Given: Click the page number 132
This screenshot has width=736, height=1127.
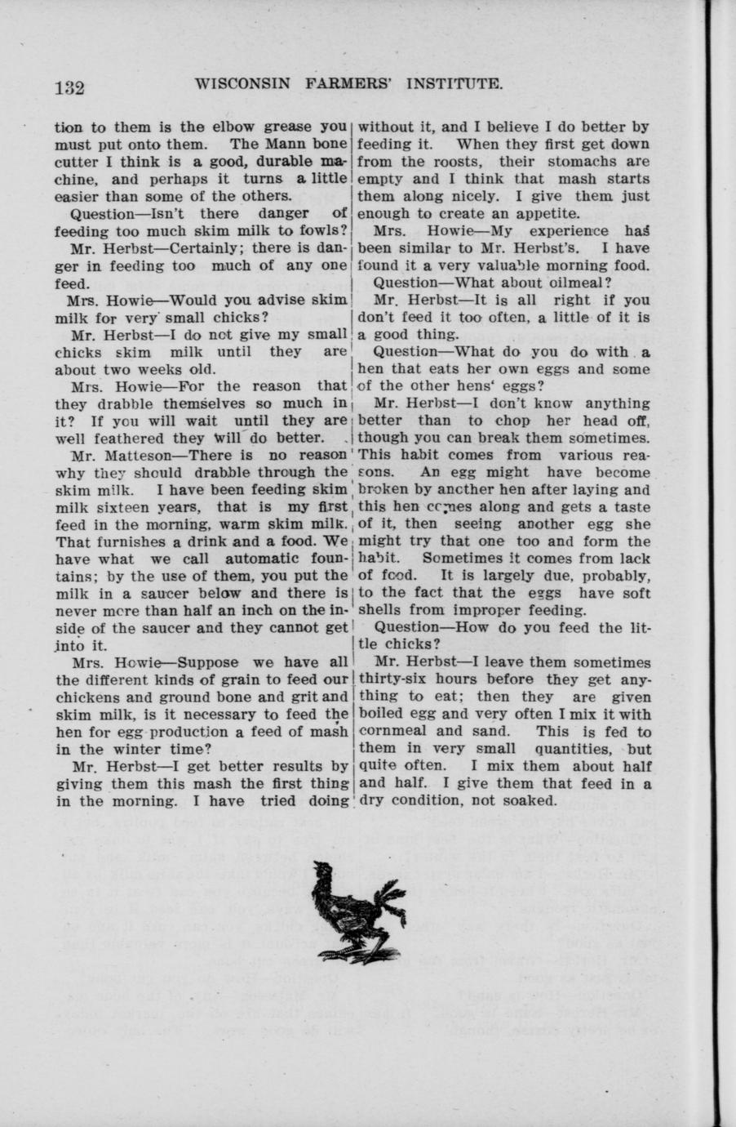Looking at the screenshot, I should pyautogui.click(x=70, y=87).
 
